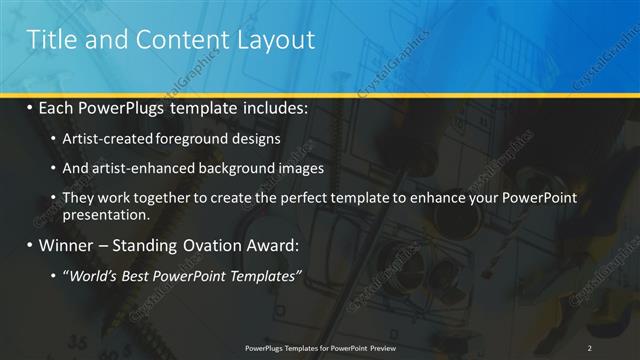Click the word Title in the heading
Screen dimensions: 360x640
pyautogui.click(x=50, y=40)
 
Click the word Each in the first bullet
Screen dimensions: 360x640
pyautogui.click(x=60, y=107)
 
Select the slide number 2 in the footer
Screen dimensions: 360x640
pyautogui.click(x=590, y=347)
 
